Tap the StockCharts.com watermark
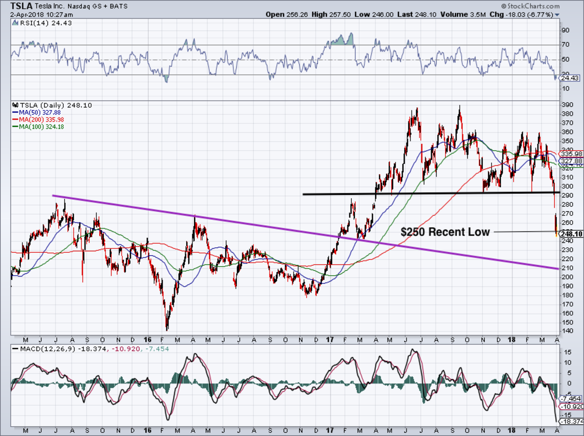[x=533, y=6]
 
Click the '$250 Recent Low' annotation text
[x=445, y=232]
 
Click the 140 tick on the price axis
[x=566, y=331]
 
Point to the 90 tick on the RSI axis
[x=565, y=30]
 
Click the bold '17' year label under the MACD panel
[x=330, y=430]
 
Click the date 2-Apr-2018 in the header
[x=26, y=15]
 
